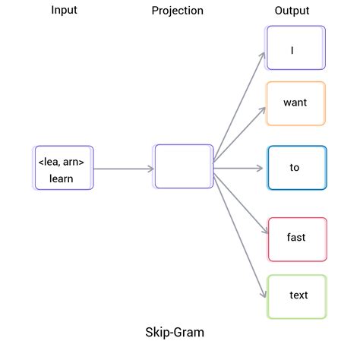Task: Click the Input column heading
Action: click(64, 11)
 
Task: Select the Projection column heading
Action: click(177, 11)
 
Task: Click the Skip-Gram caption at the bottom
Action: click(175, 333)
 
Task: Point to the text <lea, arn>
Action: click(62, 162)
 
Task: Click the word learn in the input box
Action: click(62, 178)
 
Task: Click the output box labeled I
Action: click(295, 48)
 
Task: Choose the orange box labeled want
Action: click(295, 103)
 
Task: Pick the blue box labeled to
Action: click(296, 168)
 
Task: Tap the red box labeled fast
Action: click(297, 238)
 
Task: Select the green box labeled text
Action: click(297, 296)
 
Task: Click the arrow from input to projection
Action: click(123, 169)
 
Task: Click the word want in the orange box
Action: click(295, 103)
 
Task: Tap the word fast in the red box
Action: click(296, 238)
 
